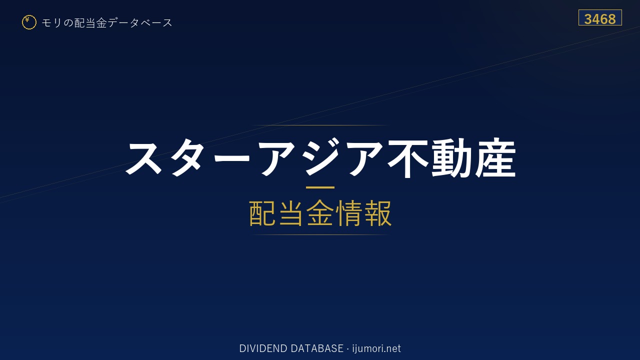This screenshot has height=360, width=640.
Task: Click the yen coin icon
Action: pyautogui.click(x=29, y=22)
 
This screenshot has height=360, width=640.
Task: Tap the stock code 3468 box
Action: pyautogui.click(x=600, y=17)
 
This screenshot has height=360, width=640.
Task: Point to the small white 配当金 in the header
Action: pyautogui.click(x=90, y=23)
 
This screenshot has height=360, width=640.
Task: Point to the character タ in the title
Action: pyautogui.click(x=189, y=157)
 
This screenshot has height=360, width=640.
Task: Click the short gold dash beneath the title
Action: pyautogui.click(x=320, y=187)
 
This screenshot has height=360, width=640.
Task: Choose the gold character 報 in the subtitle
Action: pyautogui.click(x=377, y=213)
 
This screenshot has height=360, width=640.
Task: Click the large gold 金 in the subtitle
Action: pyautogui.click(x=320, y=213)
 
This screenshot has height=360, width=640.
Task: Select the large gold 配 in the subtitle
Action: pyautogui.click(x=262, y=213)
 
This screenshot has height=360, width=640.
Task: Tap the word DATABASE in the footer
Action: pyautogui.click(x=317, y=348)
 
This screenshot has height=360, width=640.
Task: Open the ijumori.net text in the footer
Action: pyautogui.click(x=376, y=348)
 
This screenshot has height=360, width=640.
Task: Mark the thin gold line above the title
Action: pyautogui.click(x=320, y=125)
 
